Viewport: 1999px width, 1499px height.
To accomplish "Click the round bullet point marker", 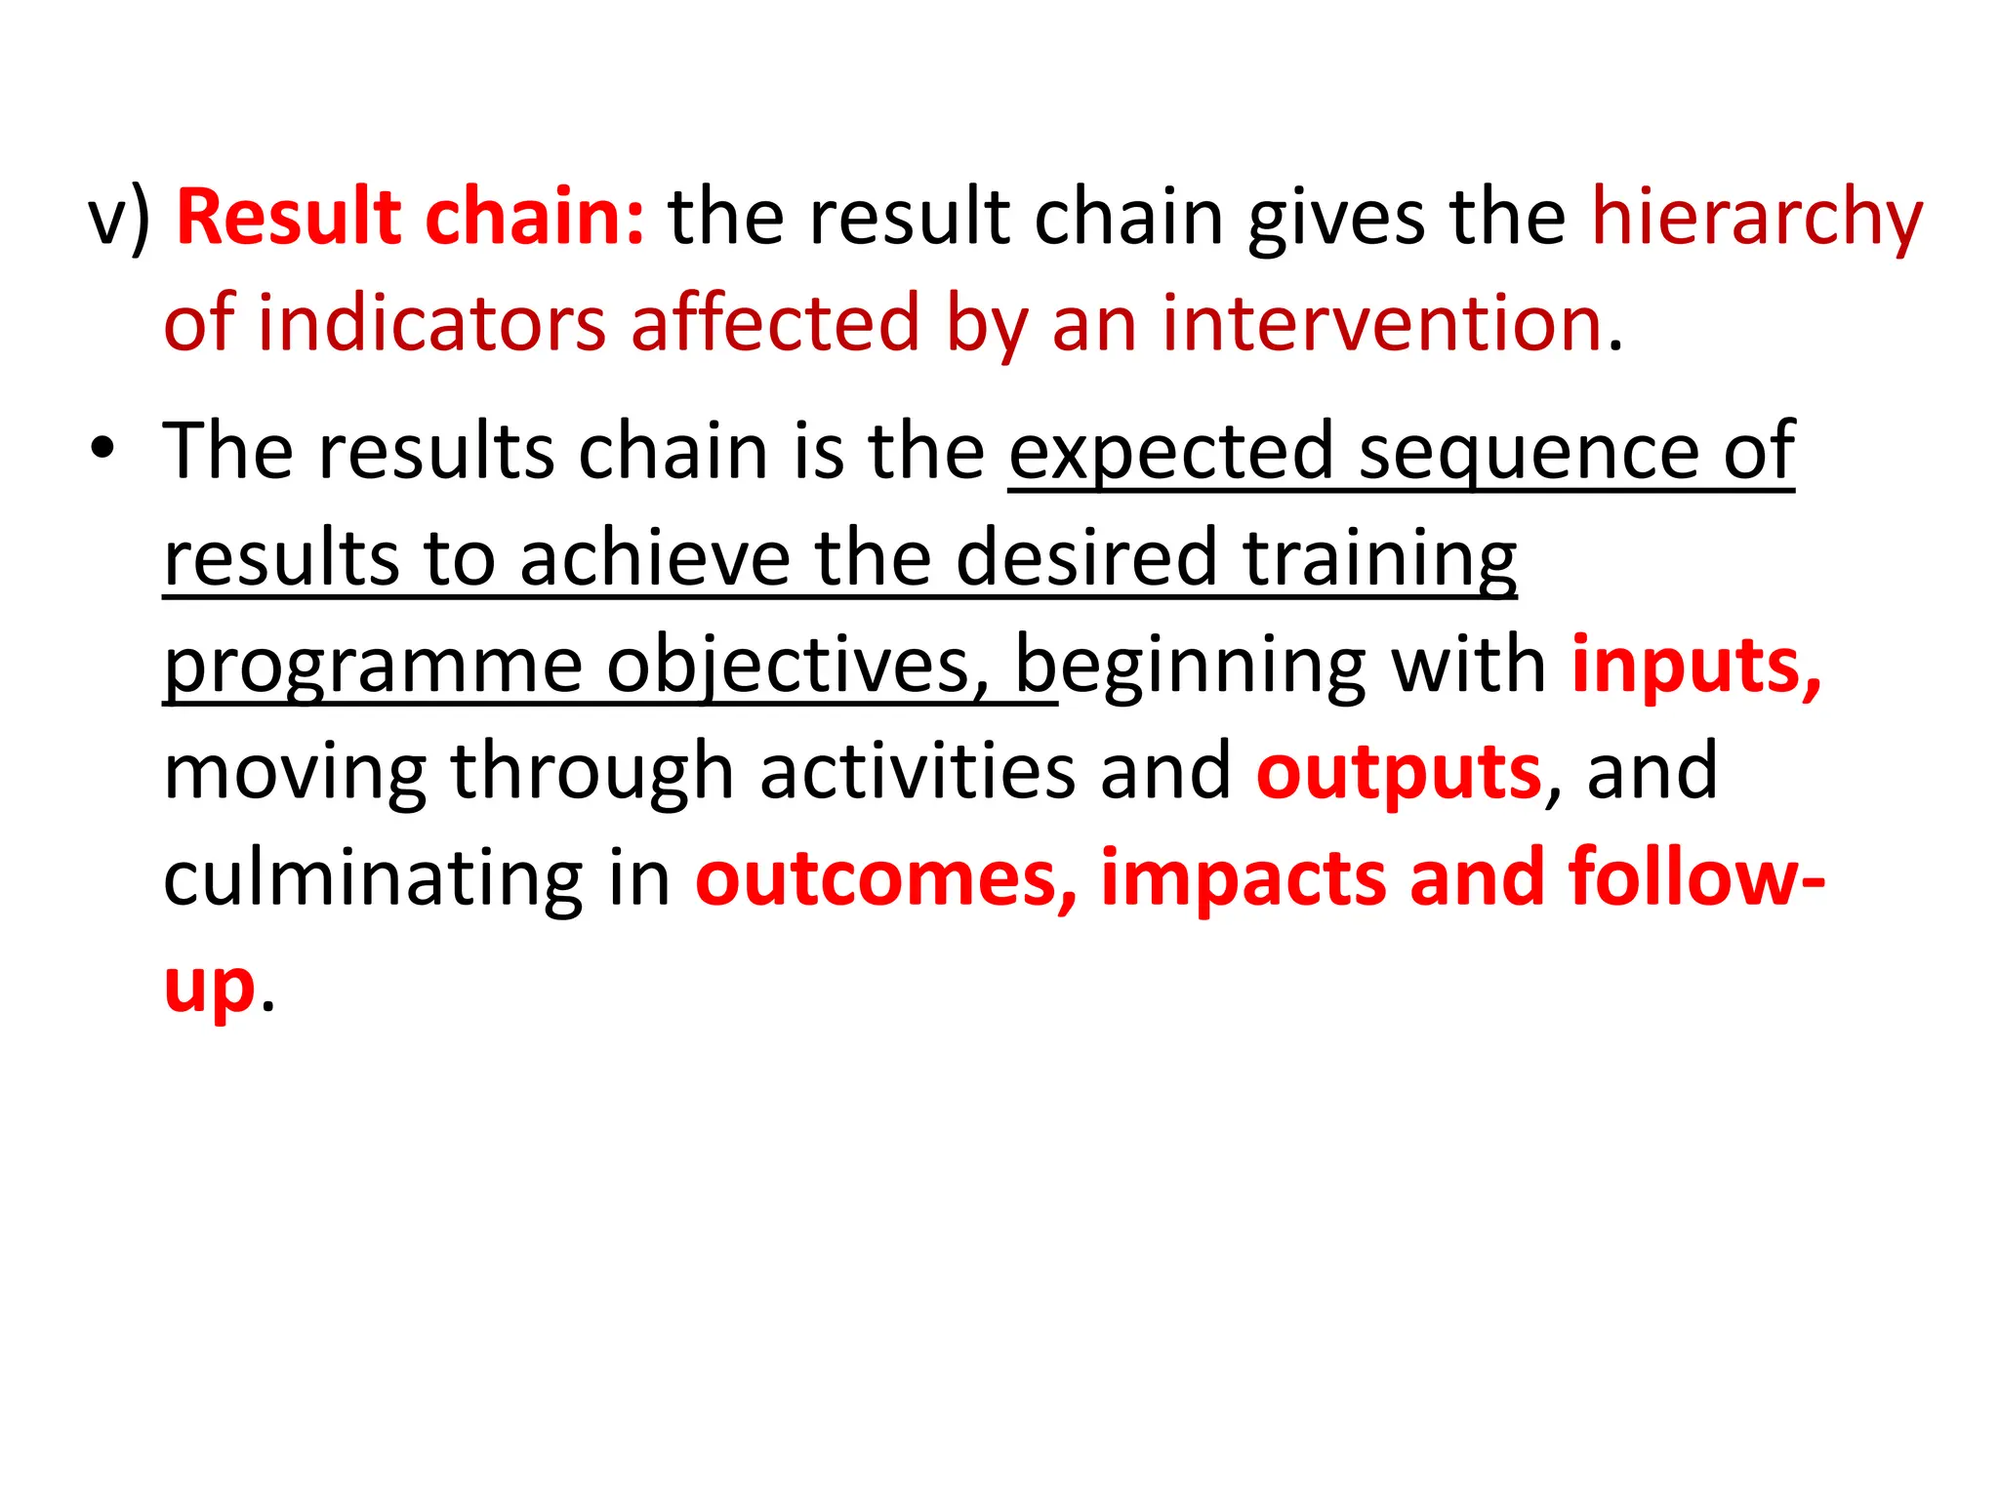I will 101,450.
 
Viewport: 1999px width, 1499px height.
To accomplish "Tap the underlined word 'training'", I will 1379,560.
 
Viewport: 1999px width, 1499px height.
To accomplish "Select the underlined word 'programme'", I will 373,668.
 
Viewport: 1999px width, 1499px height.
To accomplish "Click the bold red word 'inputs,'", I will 1695,668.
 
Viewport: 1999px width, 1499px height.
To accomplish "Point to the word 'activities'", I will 917,771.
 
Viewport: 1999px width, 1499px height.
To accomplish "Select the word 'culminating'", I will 371,878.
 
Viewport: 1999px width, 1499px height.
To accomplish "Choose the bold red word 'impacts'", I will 1243,878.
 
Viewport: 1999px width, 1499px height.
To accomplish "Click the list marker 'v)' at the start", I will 119,219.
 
